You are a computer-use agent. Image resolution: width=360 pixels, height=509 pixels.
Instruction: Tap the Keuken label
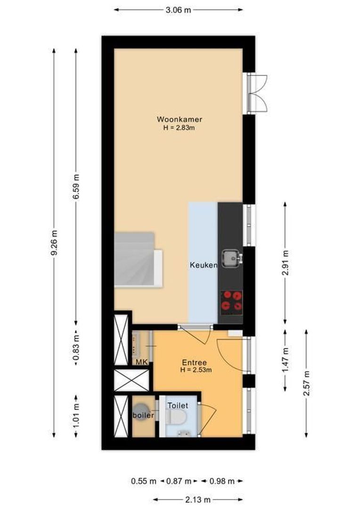pyautogui.click(x=204, y=265)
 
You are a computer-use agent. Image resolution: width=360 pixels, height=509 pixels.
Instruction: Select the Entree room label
pyautogui.click(x=194, y=362)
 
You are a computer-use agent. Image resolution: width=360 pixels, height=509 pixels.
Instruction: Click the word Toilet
pyautogui.click(x=178, y=405)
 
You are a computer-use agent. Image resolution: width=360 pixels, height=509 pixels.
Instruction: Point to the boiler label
pyautogui.click(x=143, y=416)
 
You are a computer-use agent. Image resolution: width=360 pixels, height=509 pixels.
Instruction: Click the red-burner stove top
pyautogui.click(x=231, y=302)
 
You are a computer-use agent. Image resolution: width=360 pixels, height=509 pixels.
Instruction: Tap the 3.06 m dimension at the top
pyautogui.click(x=179, y=10)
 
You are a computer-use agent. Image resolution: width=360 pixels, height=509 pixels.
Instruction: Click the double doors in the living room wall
pyautogui.click(x=256, y=93)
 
